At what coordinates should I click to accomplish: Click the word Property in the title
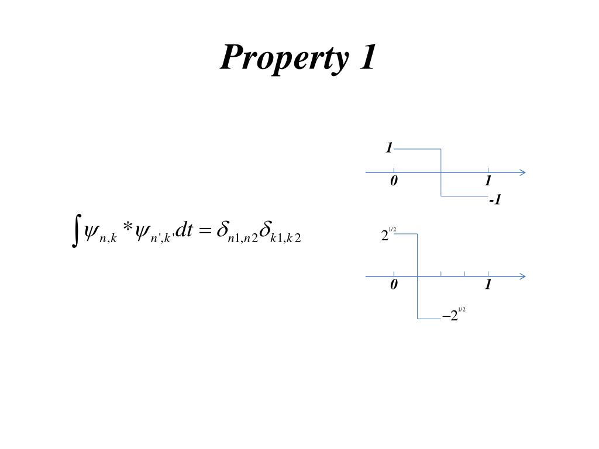(285, 59)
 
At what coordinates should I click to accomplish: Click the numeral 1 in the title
(367, 57)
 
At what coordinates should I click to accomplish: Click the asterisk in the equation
(128, 228)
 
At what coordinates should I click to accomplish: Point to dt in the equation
(184, 230)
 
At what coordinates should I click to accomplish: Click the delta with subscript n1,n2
(237, 232)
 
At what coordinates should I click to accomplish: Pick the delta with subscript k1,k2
(280, 232)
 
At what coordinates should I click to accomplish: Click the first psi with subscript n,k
(100, 232)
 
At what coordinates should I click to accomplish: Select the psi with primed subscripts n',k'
(154, 232)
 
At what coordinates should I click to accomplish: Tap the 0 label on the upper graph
(394, 181)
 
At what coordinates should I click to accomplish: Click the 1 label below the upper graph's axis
(488, 181)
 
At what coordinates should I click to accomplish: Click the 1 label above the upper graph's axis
(389, 148)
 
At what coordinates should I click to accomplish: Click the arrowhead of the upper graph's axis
(523, 172)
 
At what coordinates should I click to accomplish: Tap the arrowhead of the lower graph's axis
(523, 277)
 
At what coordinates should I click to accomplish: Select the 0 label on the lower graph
(394, 285)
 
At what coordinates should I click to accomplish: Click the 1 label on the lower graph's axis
(488, 285)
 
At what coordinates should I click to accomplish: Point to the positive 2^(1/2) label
(388, 234)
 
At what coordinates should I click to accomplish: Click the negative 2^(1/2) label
(454, 314)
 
